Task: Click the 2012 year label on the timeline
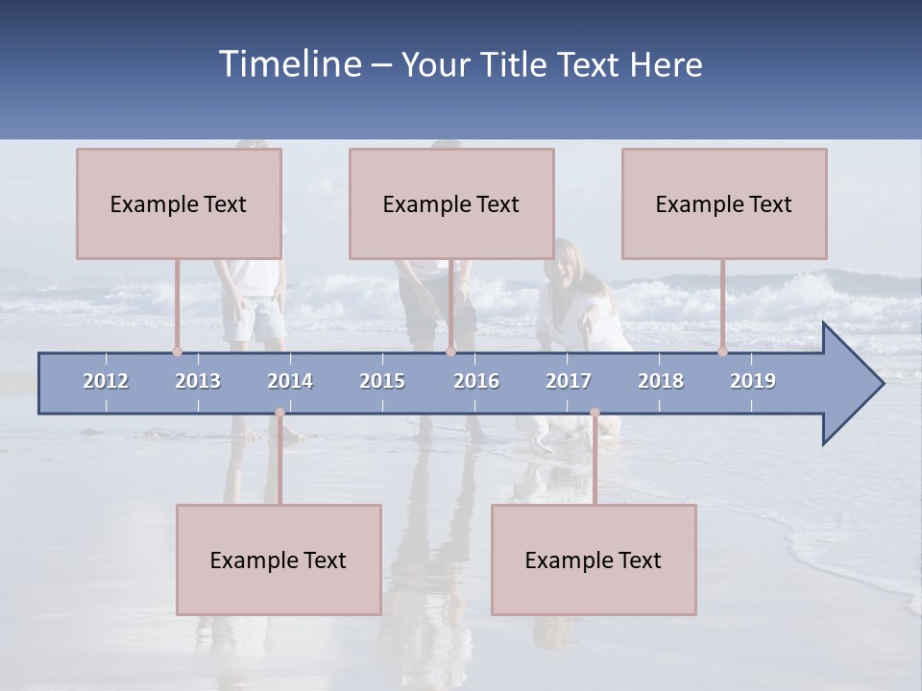[x=106, y=381]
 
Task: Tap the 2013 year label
[x=198, y=381]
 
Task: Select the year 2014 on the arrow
[x=290, y=381]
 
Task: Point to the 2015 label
[x=382, y=381]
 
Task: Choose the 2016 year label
[x=476, y=381]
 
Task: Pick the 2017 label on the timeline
[x=569, y=381]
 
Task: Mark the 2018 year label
[x=661, y=381]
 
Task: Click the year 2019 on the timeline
[x=753, y=381]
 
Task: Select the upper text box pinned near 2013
[x=179, y=203]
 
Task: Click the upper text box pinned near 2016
[x=451, y=203]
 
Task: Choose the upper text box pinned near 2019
[x=724, y=203]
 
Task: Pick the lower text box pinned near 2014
[x=279, y=560]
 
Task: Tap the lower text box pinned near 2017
[x=594, y=560]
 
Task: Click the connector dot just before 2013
[x=177, y=351]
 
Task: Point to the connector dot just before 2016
[x=450, y=351]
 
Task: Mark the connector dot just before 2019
[x=722, y=351]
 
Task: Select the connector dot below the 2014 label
[x=279, y=413]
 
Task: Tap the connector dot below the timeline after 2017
[x=594, y=413]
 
